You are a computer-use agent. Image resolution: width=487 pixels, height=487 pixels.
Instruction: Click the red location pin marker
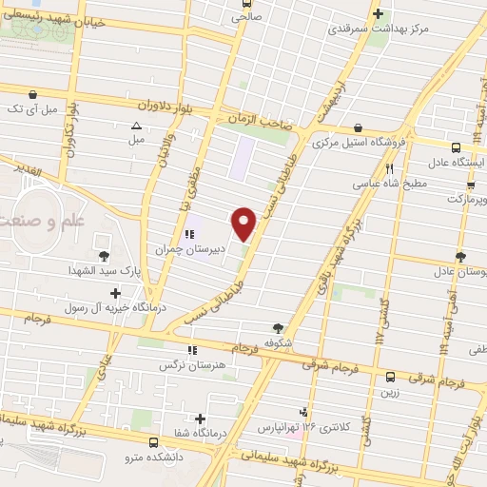244,224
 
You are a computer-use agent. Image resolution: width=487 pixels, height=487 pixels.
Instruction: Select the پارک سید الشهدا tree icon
103,256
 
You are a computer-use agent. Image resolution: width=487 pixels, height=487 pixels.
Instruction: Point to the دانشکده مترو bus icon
154,442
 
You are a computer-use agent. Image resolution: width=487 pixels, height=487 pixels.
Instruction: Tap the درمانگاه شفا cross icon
200,419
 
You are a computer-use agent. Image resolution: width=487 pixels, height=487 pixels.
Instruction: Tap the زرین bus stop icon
390,377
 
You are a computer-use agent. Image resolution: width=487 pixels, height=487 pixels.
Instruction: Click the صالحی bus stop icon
235,15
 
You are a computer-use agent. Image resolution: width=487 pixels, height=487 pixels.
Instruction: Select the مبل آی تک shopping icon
34,94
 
